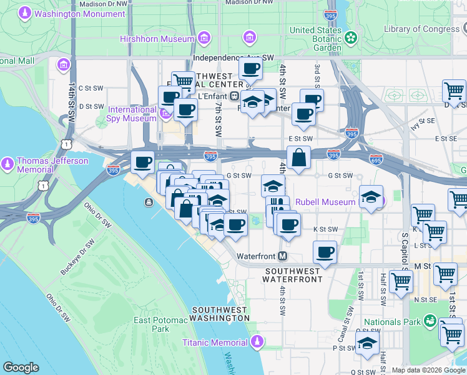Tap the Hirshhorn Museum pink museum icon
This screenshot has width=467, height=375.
(204, 39)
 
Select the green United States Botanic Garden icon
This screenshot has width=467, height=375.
(351, 37)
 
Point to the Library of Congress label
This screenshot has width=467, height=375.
(422, 29)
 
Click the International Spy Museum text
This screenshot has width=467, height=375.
(132, 114)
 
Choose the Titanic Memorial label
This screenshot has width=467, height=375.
(215, 342)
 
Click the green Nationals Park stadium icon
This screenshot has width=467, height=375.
(430, 322)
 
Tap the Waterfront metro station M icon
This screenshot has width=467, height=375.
(283, 256)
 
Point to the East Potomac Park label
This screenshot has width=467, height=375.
(152, 324)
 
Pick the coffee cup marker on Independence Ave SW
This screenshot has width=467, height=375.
(251, 68)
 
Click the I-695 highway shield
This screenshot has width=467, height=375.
(376, 159)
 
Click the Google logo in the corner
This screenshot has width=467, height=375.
(21, 367)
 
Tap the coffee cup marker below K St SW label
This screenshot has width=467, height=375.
(324, 252)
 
